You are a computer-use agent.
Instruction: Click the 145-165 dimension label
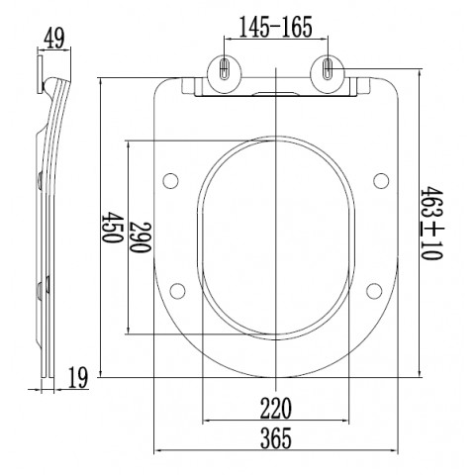(275, 27)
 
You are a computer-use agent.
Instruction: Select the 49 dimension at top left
(54, 40)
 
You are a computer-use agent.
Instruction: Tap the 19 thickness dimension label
(78, 377)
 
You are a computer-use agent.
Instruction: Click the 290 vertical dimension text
(141, 237)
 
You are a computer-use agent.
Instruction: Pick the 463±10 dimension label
(431, 224)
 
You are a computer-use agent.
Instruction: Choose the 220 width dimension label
(276, 408)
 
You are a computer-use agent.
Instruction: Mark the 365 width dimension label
(276, 438)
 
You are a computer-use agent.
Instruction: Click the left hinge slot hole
(225, 69)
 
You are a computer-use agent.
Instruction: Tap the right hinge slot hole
(328, 69)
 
